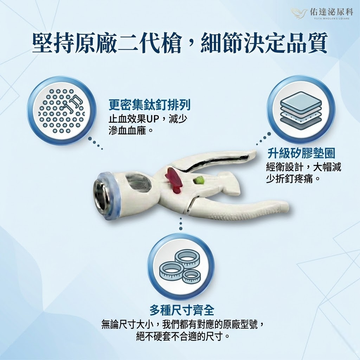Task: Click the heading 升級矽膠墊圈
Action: (301, 153)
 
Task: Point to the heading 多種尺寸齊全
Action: (182, 310)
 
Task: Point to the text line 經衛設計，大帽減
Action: (303, 167)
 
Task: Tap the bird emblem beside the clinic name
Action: (299, 12)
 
